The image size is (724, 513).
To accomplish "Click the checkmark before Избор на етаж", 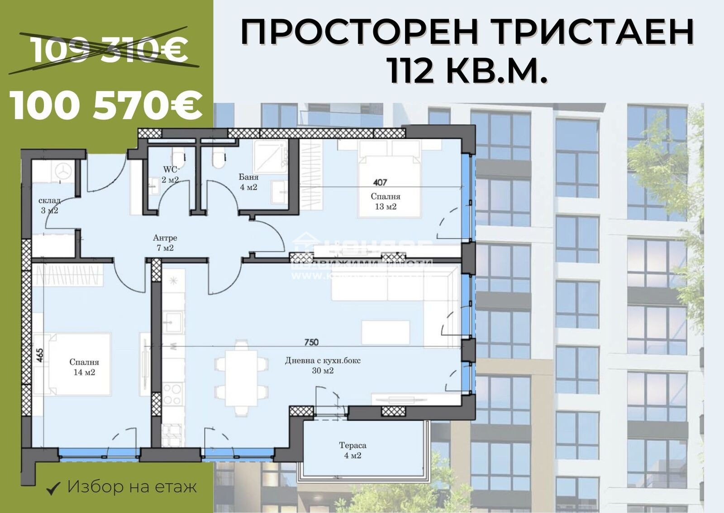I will (54, 488).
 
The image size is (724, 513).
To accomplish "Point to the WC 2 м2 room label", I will (171, 174).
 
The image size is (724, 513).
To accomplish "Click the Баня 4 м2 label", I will (248, 182).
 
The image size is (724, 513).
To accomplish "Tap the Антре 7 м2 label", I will (165, 243).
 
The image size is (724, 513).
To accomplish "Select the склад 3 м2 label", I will (49, 206).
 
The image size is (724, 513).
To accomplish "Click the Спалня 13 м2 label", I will (386, 202).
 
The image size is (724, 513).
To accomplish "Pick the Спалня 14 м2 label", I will (84, 367).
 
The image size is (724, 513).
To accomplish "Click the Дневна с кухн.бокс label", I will (323, 361).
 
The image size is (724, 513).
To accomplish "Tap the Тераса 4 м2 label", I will (352, 450).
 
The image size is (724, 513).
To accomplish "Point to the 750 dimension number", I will (311, 343).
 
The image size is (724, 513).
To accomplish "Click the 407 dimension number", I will (380, 183).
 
